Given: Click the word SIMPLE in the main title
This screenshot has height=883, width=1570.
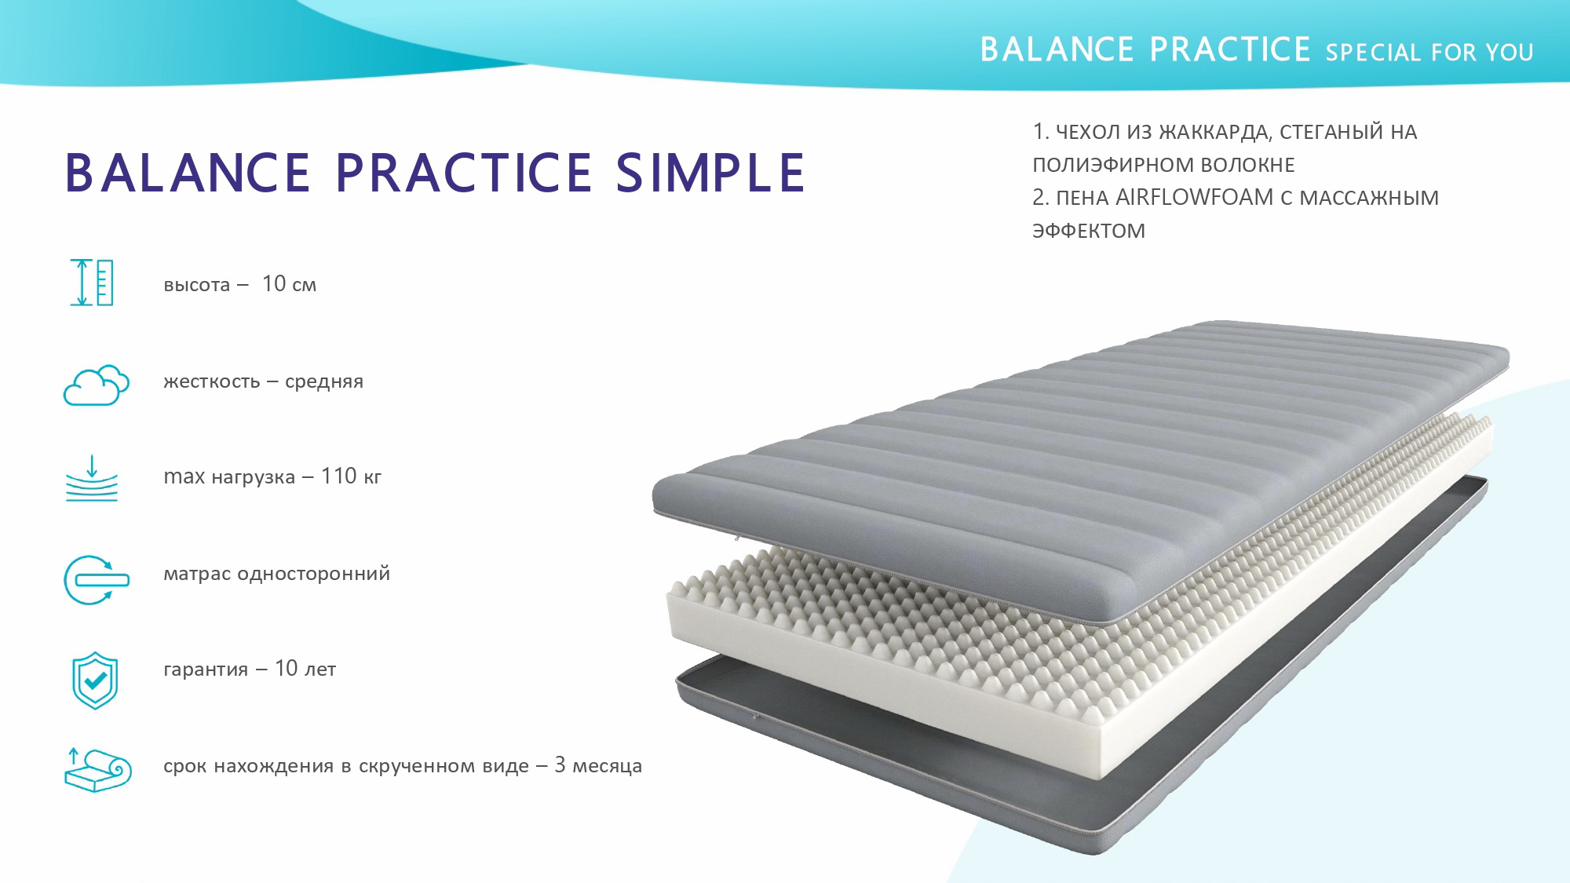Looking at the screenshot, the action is coord(710,173).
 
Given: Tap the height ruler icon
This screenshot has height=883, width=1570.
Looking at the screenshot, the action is coord(92,283).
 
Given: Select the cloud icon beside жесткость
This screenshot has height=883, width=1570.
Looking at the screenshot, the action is coord(96,385).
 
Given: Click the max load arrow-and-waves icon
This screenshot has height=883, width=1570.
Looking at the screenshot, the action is coord(92,478).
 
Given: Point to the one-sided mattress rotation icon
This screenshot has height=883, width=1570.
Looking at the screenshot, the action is coord(96,580).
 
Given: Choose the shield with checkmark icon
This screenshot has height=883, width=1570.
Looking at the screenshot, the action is coord(95,680).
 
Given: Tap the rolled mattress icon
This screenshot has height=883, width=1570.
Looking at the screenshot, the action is coord(97,769).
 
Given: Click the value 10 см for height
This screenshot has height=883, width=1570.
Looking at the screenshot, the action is coord(289,283).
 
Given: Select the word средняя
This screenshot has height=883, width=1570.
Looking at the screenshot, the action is coord(324,381).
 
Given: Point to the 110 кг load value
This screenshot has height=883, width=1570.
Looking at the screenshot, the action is coord(351,476).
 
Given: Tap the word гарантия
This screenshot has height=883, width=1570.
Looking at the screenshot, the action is coord(206,670).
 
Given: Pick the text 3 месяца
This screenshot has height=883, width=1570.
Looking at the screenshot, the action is coord(598,765).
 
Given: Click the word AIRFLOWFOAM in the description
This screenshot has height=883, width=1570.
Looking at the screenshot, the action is coord(1194,198).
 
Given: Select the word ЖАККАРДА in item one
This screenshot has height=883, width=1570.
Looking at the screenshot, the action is coord(1214,133).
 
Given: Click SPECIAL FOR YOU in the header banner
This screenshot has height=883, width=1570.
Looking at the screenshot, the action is coord(1429,53).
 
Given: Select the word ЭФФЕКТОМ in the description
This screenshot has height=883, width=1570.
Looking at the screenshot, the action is coord(1089,231).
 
